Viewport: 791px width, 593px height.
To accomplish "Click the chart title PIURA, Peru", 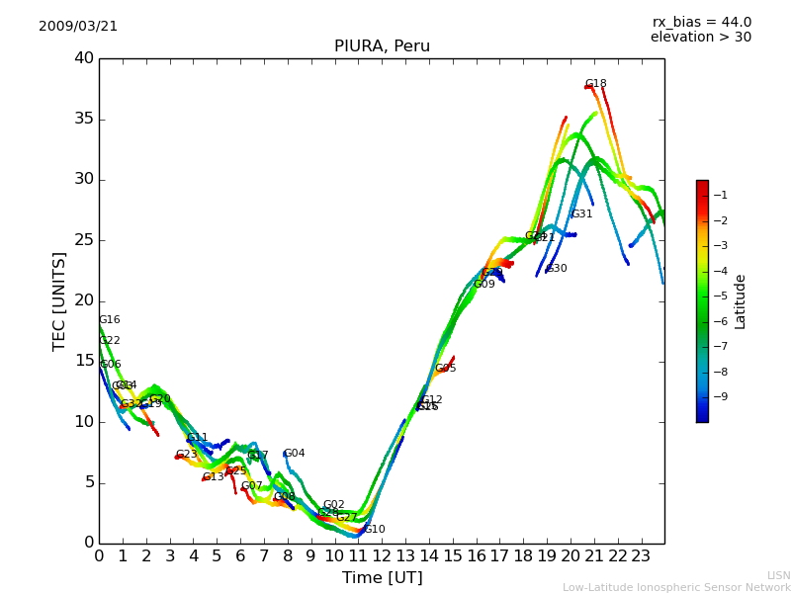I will (x=382, y=46).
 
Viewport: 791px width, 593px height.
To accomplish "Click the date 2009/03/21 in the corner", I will (x=78, y=27).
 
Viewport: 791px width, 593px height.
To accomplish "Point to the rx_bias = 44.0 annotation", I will (x=701, y=23).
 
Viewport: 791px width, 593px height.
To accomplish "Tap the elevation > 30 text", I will (x=700, y=38).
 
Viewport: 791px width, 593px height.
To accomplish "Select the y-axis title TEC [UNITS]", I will (x=59, y=300).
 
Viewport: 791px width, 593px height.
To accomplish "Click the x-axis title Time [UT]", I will (x=382, y=578).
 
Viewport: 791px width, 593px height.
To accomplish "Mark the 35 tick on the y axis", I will (x=84, y=120).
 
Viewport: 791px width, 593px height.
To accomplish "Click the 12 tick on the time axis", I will (x=382, y=555).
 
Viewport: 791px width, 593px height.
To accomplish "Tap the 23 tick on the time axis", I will (x=641, y=555).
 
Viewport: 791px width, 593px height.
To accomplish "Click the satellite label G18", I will (x=595, y=84).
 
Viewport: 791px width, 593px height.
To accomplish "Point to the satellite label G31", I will (x=581, y=214).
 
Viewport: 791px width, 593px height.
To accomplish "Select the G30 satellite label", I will (x=557, y=269).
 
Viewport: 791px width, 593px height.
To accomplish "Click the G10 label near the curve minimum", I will (x=374, y=530).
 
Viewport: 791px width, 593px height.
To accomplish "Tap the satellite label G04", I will (x=294, y=454).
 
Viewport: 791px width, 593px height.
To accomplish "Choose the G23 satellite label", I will (x=186, y=455).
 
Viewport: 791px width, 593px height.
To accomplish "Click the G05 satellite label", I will (x=445, y=369).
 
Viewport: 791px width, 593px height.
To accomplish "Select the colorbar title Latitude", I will (x=741, y=301).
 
